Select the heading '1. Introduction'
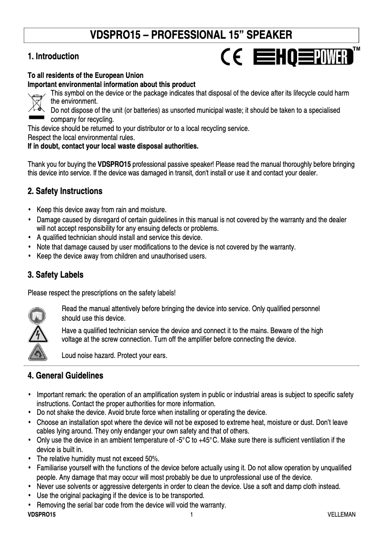pos(53,56)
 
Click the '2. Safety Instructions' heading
pos(65,191)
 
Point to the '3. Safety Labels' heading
pos(55,275)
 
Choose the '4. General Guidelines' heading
pos(65,376)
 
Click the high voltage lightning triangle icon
pos(37,335)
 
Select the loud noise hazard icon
pos(37,354)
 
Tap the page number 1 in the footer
pos(191,515)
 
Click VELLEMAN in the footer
pos(341,515)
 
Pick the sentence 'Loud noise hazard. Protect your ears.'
pos(115,356)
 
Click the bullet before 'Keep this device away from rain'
pos(30,209)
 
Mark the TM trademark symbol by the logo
pos(356,49)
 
